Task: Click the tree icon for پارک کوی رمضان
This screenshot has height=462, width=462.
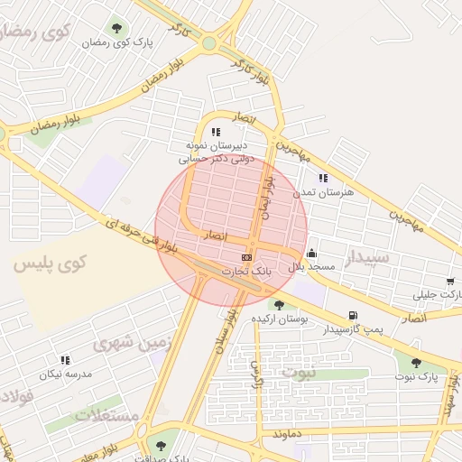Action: (116, 27)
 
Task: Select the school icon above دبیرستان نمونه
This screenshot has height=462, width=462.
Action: (215, 132)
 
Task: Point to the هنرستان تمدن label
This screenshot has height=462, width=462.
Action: (324, 192)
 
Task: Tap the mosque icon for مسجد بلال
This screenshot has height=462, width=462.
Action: (311, 254)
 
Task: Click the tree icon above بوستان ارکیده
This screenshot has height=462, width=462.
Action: (279, 305)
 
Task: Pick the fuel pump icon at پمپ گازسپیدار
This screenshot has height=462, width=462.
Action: (352, 316)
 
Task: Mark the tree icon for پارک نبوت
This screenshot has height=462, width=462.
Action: (415, 363)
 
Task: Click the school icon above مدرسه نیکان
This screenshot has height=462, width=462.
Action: (65, 360)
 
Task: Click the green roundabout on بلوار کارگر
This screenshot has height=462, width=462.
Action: (209, 43)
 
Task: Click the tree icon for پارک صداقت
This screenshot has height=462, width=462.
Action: (162, 445)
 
